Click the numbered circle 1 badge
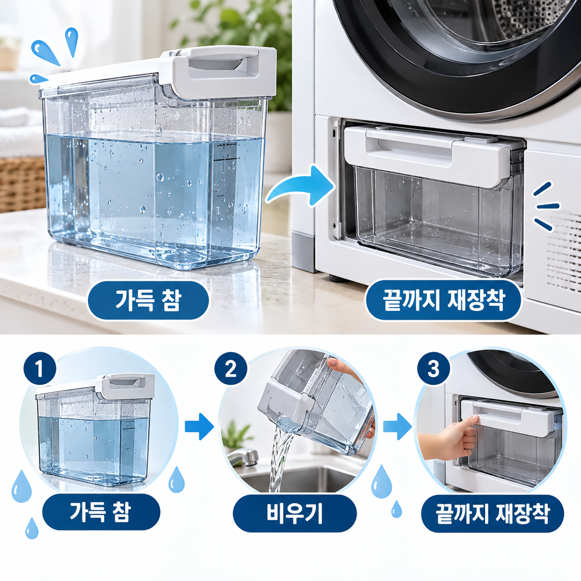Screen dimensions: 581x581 [40, 368]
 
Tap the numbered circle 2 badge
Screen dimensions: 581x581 [231, 368]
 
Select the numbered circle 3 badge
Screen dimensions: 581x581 [433, 368]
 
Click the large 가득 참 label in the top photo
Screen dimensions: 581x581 [148, 301]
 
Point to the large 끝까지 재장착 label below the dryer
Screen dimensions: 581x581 [443, 301]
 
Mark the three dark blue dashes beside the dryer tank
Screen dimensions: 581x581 [546, 206]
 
